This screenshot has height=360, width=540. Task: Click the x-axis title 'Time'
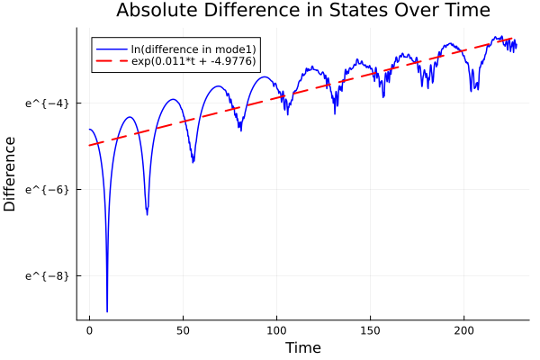pos(302,347)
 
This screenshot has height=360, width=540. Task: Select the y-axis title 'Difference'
pos(10,174)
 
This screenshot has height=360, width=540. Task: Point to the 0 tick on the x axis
pos(89,332)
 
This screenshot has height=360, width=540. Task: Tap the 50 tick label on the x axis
pos(183,332)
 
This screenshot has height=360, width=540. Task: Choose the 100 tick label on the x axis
pos(276,332)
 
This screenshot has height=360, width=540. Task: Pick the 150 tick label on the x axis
pos(370,332)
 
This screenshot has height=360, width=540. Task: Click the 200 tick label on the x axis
pos(463,332)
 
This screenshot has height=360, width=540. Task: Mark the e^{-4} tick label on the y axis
pos(47,103)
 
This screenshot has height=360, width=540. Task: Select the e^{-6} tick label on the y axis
pos(47,190)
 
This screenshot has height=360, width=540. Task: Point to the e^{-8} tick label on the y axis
pos(47,275)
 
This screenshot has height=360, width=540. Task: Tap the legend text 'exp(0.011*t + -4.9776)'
pos(193,61)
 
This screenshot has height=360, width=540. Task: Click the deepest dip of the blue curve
pos(107,311)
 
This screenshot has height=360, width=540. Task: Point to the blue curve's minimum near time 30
pos(147,215)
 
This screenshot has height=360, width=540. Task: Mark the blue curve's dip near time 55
pos(193,162)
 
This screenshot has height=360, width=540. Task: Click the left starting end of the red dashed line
pos(89,145)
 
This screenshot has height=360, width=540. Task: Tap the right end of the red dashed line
pos(514,38)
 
